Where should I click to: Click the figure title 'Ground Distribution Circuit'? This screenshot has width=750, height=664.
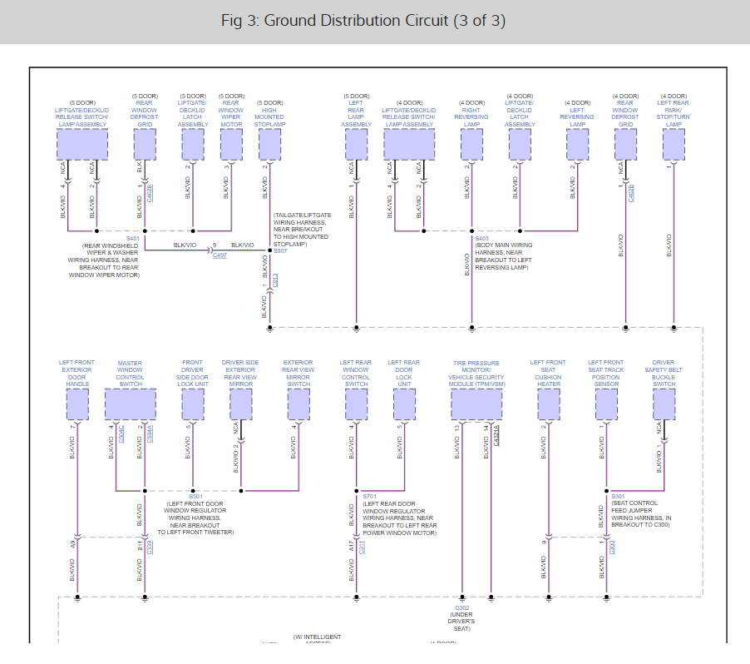tap(363, 21)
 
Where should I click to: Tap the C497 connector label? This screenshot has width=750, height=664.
tap(220, 255)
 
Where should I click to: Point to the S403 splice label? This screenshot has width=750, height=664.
tap(482, 239)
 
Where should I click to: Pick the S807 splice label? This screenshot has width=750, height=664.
tap(280, 250)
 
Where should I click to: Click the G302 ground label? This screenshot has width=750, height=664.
tap(462, 607)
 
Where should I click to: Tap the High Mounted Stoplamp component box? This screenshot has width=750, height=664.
tap(269, 145)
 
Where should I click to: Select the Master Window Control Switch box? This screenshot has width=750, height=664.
tap(130, 404)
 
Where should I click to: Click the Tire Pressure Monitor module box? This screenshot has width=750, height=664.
tap(476, 404)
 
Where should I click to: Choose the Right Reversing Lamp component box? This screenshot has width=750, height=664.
tap(471, 145)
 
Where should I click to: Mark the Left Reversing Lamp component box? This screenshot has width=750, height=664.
tap(577, 145)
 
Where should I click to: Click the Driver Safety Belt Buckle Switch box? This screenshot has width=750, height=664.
tap(664, 404)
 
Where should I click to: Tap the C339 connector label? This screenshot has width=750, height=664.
tap(150, 546)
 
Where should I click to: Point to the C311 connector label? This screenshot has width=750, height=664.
tap(362, 546)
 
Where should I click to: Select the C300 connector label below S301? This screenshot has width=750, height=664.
tap(611, 546)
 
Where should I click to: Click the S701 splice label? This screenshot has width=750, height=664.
tap(370, 496)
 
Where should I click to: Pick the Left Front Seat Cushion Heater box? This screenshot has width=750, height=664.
tap(549, 404)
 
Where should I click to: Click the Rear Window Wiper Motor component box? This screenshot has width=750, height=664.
tap(231, 145)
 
